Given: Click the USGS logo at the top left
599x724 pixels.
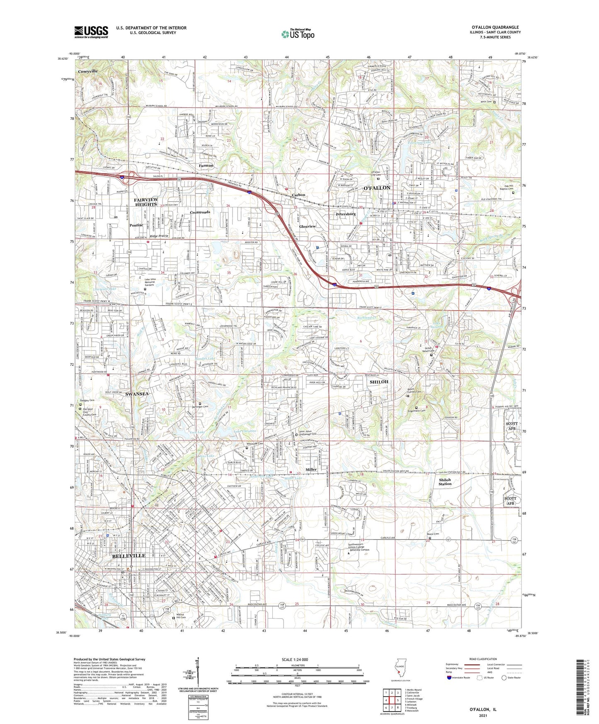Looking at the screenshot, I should point(91,32).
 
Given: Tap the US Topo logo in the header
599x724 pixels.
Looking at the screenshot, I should point(297,34).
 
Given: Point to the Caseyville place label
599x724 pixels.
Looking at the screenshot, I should point(87,71).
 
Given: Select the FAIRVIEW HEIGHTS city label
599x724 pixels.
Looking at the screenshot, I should point(146,202).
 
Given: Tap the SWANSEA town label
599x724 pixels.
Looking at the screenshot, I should point(137,394).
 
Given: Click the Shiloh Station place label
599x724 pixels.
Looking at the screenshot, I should point(445,482).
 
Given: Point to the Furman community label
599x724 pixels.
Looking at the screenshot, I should point(206,165).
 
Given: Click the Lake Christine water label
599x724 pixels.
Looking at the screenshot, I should point(245,432).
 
